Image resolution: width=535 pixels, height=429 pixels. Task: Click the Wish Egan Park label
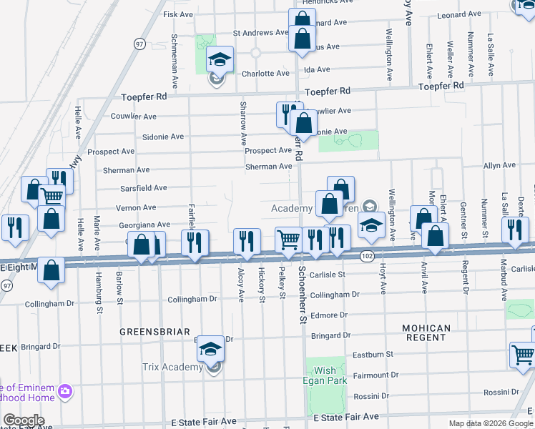(x=325, y=375)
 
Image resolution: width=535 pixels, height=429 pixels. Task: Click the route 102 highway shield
(x=368, y=256)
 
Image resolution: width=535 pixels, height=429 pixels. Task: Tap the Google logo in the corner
(x=24, y=420)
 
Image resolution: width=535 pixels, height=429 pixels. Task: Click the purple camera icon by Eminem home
(x=66, y=391)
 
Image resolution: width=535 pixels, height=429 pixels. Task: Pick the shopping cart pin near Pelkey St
(x=289, y=240)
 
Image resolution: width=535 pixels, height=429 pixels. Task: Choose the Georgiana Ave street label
(x=144, y=224)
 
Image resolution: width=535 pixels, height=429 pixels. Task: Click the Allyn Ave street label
(x=499, y=165)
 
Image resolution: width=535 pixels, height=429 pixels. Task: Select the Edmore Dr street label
(x=329, y=315)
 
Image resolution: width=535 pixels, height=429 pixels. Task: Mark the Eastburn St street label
(x=373, y=354)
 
